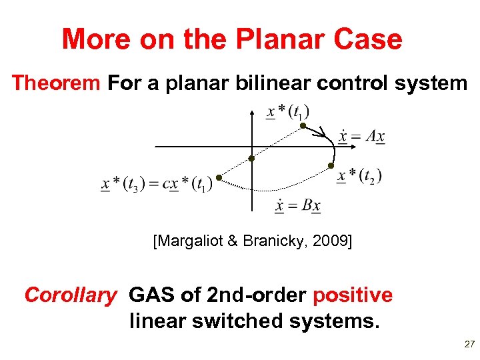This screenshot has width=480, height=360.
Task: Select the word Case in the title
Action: pos(369,39)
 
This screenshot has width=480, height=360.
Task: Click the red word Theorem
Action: pos(56,83)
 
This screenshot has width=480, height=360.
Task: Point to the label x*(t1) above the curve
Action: pos(287,112)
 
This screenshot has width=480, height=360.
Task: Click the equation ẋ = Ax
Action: pos(361,137)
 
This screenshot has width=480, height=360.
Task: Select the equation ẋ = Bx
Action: pos(297,205)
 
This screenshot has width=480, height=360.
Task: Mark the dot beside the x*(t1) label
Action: pos(302,125)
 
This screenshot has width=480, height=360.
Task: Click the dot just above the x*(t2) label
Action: pos(330,165)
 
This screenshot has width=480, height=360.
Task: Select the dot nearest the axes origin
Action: pos(252,158)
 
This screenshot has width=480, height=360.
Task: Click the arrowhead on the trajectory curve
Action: pos(321,133)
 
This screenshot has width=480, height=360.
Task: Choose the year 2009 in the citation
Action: pos(331,241)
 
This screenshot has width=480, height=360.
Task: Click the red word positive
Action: pos(353,295)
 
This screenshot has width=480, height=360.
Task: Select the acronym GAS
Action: pos(151,295)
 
